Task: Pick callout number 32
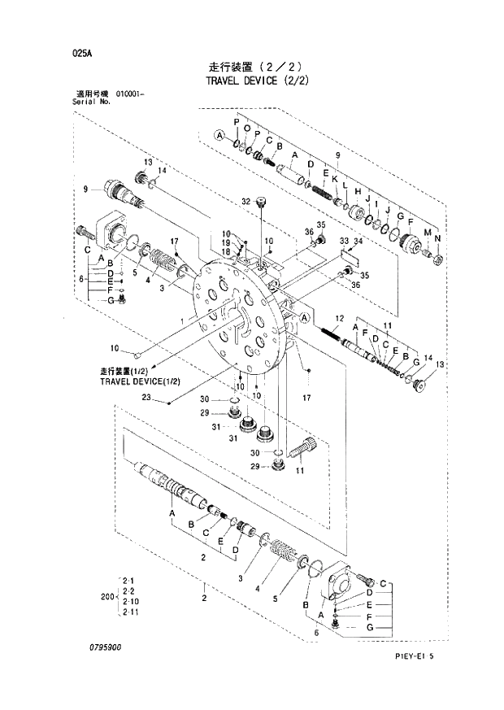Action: tap(245, 200)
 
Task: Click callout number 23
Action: tap(146, 398)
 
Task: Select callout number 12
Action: tap(339, 317)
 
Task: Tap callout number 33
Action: tap(343, 242)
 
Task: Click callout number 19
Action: tap(226, 242)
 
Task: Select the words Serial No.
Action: tap(80, 103)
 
